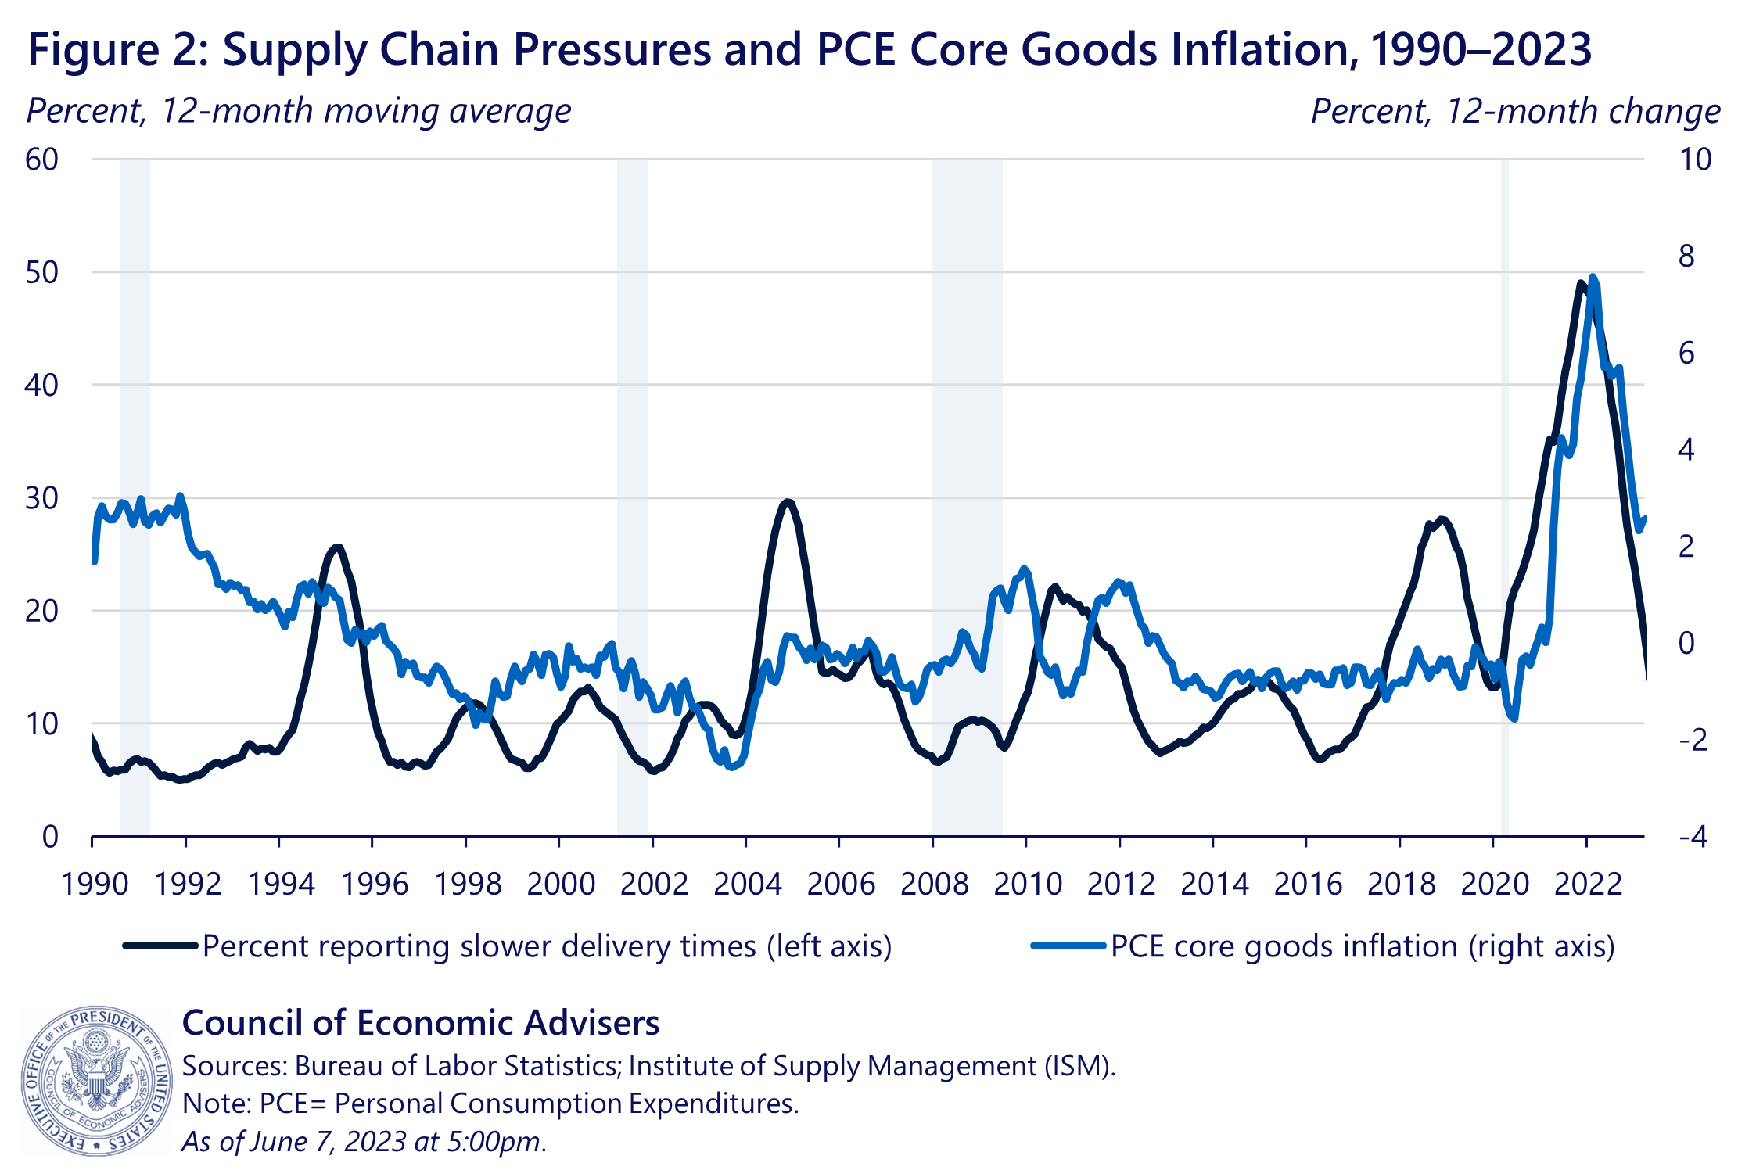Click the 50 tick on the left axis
tap(41, 272)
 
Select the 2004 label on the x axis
tap(747, 884)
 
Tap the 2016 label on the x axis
tap(1307, 884)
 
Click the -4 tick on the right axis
tap(1693, 837)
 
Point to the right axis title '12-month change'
tap(1515, 111)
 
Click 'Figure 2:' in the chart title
tap(117, 49)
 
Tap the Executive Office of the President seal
tap(95, 1080)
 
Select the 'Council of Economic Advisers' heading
tap(421, 1022)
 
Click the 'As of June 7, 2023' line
tap(364, 1141)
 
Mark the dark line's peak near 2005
tap(787, 502)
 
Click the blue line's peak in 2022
tap(1593, 278)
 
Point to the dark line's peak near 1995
tap(337, 547)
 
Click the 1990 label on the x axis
tap(95, 884)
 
